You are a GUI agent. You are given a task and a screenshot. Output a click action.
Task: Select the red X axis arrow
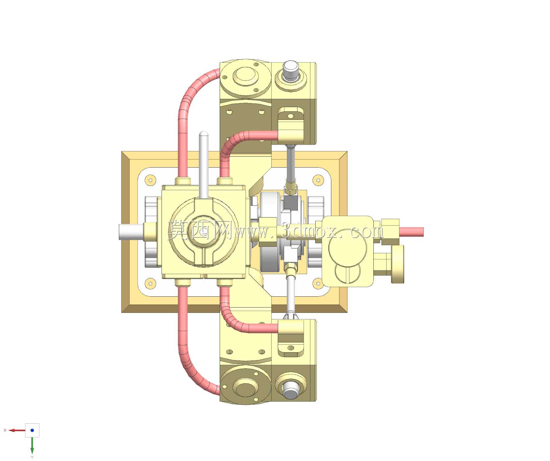tap(17, 430)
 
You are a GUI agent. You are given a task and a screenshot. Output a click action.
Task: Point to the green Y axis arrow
tap(32, 445)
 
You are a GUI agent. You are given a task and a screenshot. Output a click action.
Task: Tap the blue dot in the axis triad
tap(32, 430)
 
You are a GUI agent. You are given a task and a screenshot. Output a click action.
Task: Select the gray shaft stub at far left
tap(131, 232)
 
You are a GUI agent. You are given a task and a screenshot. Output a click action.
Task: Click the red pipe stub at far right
tap(411, 232)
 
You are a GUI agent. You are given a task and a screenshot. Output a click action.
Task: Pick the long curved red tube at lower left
tap(187, 352)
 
